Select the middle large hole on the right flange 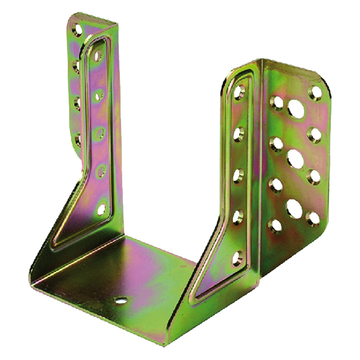tap(295, 158)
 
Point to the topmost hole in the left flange tap(77, 29)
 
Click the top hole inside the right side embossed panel tap(239, 92)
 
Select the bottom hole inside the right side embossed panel tap(238, 258)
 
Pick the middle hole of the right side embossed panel tap(238, 175)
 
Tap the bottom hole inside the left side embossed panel tap(102, 209)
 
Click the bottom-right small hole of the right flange tap(312, 219)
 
